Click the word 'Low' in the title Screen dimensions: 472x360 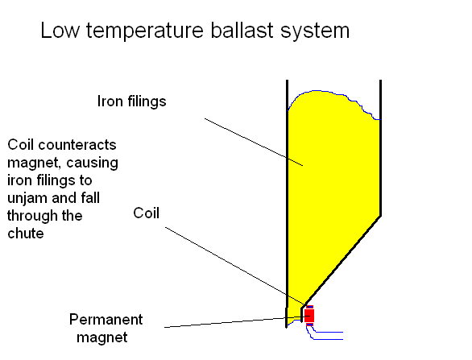pos(60,31)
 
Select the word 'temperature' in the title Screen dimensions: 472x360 pos(145,31)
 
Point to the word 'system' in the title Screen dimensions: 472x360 pos(315,32)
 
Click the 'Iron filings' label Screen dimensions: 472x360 pos(131,101)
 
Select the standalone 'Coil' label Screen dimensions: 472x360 pos(146,213)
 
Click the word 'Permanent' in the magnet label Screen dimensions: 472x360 pos(106,320)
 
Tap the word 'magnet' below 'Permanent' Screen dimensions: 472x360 pos(102,337)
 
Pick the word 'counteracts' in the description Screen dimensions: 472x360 pos(77,145)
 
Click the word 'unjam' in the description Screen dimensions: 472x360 pos(27,199)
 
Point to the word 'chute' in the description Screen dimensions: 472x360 pos(26,234)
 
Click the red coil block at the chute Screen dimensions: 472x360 pos(309,316)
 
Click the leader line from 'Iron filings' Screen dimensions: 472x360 pos(254,142)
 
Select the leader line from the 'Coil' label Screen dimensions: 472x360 pos(236,266)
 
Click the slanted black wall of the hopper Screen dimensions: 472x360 pos(342,261)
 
